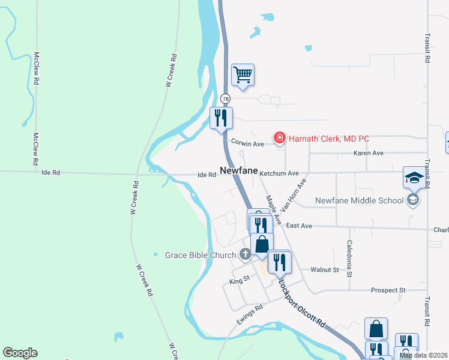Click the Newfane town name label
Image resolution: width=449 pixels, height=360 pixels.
point(238,170)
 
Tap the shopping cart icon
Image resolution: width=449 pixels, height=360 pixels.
point(243,75)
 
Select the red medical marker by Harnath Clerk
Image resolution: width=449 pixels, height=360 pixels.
point(279,139)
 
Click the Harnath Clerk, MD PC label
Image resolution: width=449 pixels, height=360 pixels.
point(328,139)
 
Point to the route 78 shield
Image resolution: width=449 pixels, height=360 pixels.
point(224,98)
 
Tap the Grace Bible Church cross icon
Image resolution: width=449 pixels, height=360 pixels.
point(245,255)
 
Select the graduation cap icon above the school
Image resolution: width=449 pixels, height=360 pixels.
point(414,178)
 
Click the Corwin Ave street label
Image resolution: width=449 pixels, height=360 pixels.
point(248,144)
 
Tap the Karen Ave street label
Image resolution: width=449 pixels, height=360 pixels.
point(369,153)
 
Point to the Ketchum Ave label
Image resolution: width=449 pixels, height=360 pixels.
point(279,173)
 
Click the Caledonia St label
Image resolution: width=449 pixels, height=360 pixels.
point(349,258)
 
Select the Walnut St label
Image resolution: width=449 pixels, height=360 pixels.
point(325,270)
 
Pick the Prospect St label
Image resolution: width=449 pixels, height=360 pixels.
point(388,290)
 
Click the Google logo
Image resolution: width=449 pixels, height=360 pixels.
point(20,353)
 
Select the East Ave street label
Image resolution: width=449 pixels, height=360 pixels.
point(299,225)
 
